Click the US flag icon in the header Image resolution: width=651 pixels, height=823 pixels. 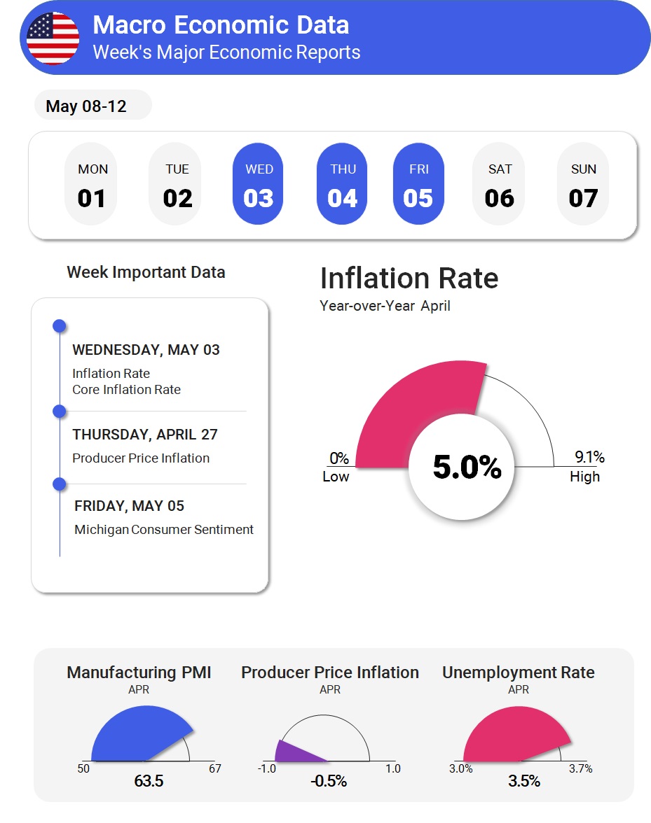tap(53, 38)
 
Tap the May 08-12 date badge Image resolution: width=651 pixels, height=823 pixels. tap(86, 106)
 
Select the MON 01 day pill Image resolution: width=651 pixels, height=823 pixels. tap(92, 185)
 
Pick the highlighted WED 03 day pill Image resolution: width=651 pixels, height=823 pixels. tap(259, 185)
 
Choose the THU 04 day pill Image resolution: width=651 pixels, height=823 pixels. tap(343, 185)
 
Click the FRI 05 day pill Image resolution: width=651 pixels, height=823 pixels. tap(418, 185)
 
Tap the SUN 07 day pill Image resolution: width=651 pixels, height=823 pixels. tap(583, 185)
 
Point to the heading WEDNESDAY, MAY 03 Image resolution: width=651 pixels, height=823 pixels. tap(146, 350)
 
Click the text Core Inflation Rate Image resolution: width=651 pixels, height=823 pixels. tap(126, 390)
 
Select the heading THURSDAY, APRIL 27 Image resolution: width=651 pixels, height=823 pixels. tap(145, 435)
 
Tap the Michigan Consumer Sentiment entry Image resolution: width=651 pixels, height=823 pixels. tap(164, 530)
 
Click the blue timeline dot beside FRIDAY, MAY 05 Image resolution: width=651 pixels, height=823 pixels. tap(60, 484)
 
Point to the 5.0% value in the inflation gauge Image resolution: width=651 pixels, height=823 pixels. tap(467, 467)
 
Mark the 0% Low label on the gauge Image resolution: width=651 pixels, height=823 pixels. tap(337, 467)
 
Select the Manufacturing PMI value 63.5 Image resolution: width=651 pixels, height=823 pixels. tap(149, 780)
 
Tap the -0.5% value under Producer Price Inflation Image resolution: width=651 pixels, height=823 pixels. tap(329, 780)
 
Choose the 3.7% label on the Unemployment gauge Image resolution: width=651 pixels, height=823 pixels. tap(580, 768)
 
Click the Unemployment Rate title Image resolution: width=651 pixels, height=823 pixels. tap(518, 673)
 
